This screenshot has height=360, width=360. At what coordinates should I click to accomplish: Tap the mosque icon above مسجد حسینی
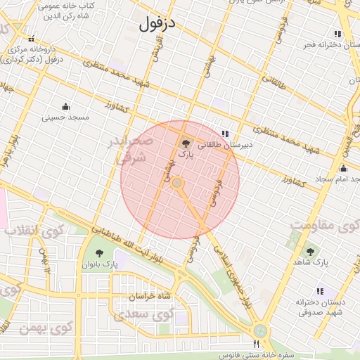coord(66,107)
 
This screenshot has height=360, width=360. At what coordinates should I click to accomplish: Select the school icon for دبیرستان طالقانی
coord(224,133)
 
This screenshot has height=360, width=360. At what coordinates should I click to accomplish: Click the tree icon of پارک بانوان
coord(99,252)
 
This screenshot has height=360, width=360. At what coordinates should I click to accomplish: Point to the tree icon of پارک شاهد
coord(310,251)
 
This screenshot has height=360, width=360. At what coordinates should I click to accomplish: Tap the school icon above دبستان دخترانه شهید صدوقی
coord(321,291)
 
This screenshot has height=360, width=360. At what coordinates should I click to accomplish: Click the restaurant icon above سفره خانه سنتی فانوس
coord(257,345)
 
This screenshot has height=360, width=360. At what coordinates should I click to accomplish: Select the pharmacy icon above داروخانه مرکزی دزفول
coord(30,39)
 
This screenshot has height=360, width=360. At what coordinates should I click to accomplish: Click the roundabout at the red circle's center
coord(178,183)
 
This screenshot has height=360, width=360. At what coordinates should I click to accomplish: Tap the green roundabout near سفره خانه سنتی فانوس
coord(261,330)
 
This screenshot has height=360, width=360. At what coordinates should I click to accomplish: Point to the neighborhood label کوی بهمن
coord(54,328)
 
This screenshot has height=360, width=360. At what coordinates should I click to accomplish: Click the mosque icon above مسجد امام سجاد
coord(343,169)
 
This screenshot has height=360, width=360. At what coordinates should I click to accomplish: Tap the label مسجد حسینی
coord(66,117)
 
